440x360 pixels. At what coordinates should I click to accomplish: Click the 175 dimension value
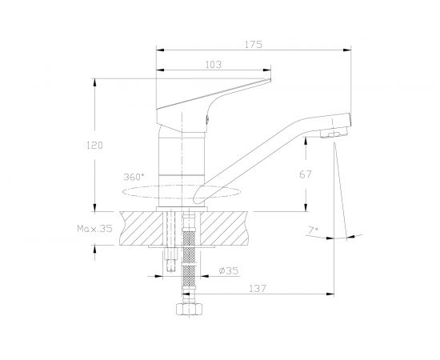pos(254,45)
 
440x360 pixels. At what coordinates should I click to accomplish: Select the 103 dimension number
pos(214,65)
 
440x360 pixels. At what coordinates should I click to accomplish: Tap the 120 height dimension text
pos(94,146)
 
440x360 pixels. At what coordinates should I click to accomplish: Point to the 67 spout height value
pos(306,174)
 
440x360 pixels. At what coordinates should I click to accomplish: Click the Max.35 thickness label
pos(94,229)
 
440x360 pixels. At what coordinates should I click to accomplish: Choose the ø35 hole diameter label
pos(229,270)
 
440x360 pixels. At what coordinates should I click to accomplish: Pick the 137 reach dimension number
pos(258,289)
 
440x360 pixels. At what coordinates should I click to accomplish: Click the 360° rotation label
pos(134,177)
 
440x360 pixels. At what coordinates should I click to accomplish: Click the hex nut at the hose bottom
pos(189,309)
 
